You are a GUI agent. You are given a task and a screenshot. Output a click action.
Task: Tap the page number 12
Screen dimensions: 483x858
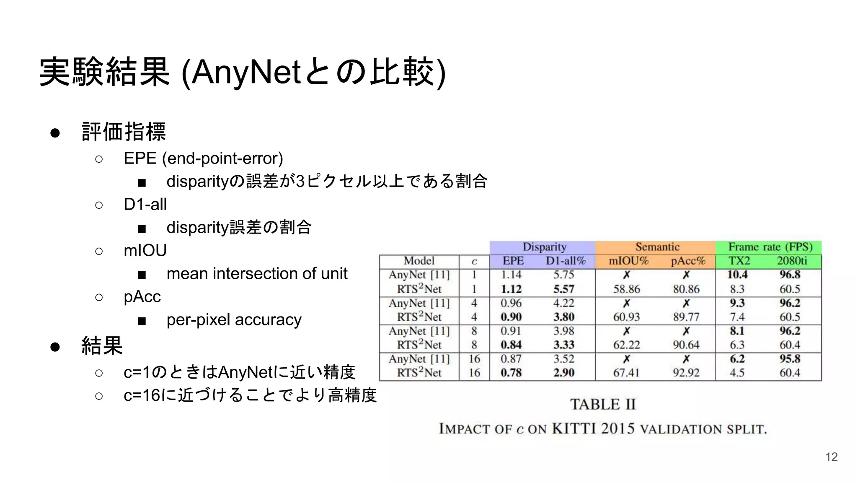[831, 457]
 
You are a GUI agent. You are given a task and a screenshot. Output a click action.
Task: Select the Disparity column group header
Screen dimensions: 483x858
[544, 247]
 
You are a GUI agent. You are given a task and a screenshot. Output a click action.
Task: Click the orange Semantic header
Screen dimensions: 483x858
[657, 247]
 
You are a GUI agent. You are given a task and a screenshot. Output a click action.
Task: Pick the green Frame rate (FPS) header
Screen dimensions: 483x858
[770, 247]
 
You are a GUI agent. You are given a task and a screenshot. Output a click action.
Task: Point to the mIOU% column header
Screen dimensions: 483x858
[628, 261]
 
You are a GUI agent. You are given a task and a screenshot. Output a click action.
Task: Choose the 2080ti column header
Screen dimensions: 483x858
[791, 261]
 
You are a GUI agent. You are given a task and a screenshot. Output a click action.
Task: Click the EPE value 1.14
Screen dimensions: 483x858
[511, 275]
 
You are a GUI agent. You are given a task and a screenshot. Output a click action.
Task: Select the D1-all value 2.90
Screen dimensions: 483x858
[563, 372]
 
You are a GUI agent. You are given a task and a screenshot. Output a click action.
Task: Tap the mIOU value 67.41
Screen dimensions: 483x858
[626, 372]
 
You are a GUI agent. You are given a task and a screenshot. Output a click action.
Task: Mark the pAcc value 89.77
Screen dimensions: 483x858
[686, 317]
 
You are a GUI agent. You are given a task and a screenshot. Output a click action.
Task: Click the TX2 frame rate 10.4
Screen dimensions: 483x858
[737, 275]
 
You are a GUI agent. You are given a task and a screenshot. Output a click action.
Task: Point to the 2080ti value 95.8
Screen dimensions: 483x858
[790, 359]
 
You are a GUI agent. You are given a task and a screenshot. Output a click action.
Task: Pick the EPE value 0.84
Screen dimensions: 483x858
[511, 345]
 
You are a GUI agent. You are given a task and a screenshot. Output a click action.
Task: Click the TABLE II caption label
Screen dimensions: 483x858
[603, 404]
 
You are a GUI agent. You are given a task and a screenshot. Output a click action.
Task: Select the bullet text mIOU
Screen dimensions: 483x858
[145, 250]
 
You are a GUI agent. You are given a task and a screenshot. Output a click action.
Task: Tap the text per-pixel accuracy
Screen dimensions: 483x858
[234, 319]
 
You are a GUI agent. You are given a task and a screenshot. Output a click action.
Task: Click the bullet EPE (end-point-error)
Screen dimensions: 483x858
[203, 158]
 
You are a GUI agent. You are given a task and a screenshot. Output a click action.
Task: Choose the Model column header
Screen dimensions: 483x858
[419, 261]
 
